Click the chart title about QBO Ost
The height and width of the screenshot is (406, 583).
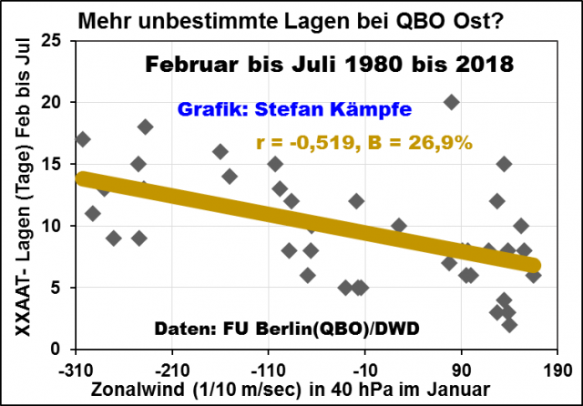291,20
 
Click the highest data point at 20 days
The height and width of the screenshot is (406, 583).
451,102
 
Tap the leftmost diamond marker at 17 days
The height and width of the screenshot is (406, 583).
83,139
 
